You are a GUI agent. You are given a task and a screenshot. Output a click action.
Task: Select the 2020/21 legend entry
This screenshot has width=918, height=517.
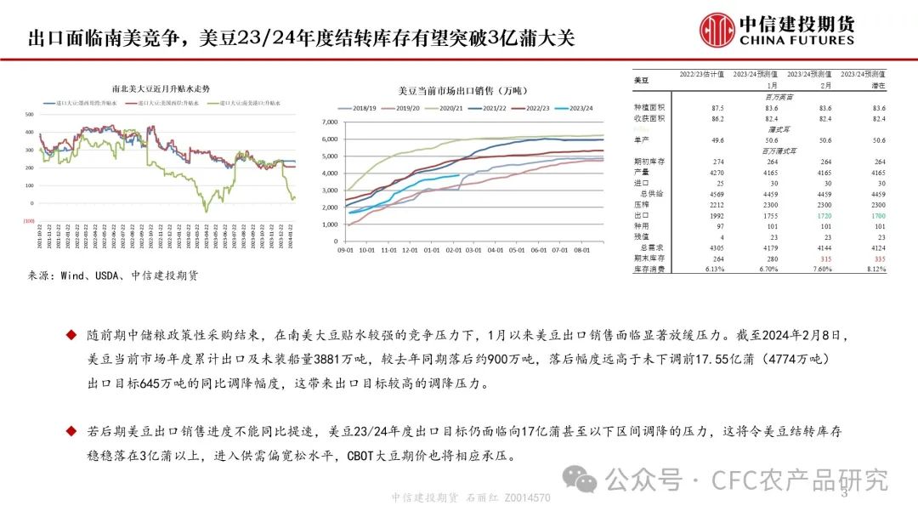coord(448,109)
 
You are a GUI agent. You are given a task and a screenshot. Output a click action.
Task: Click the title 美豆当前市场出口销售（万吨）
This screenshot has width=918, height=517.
coord(462,90)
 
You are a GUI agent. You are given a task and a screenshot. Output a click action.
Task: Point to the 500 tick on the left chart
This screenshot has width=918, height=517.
coord(30,114)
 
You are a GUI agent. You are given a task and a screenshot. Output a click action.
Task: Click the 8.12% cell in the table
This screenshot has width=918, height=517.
coord(877,268)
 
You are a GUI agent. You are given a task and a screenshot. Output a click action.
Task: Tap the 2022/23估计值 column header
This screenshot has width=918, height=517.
coord(701,75)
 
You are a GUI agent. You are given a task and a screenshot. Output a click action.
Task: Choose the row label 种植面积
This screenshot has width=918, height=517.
coord(649,109)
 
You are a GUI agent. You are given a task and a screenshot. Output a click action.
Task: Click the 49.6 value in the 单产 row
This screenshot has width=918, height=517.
coord(717,139)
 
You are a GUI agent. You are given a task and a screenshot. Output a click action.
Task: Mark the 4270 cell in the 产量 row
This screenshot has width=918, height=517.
coord(717,172)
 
